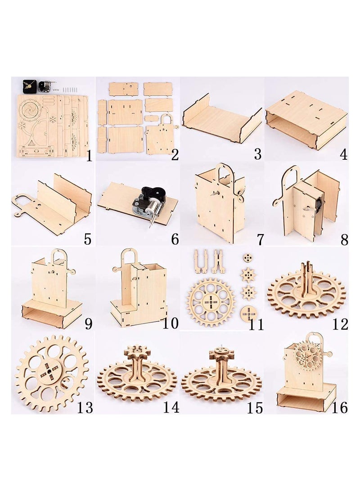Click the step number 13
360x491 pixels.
[85, 407]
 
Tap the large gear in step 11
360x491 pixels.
[211, 301]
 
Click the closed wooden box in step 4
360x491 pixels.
[306, 119]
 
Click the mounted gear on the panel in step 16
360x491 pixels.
[307, 356]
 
